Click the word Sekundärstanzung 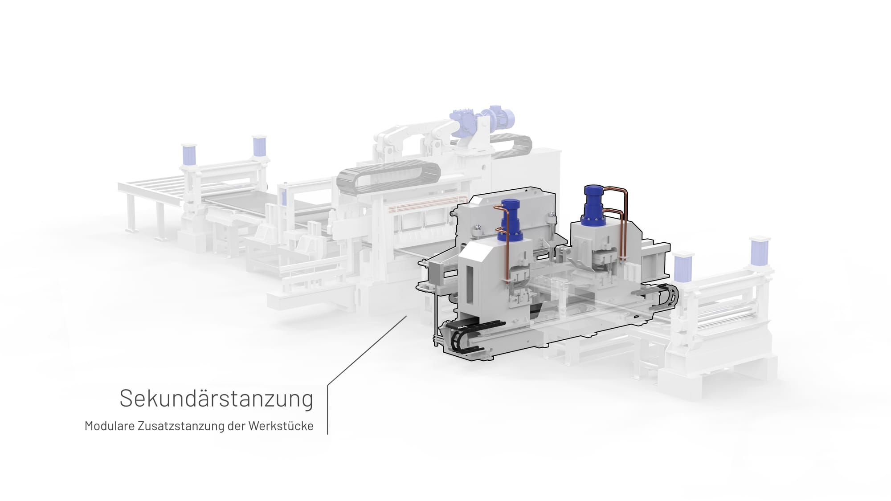click(217, 399)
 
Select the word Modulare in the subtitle click(110, 426)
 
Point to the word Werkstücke click(281, 426)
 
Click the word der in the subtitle click(236, 426)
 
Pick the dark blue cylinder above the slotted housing click(511, 220)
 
